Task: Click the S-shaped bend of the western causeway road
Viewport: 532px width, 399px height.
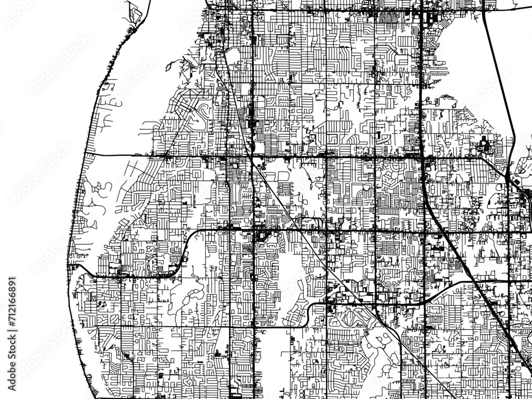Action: [x=186, y=250]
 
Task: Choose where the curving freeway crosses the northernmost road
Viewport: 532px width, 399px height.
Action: [x=485, y=10]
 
